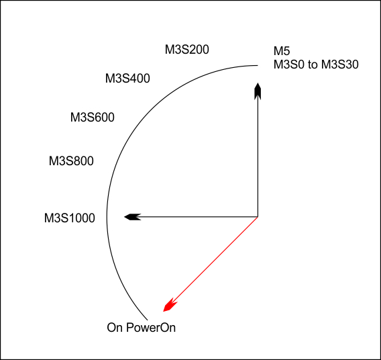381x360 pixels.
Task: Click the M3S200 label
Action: tap(187, 50)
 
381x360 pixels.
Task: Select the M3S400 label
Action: tap(127, 79)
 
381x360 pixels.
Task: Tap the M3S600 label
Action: tap(93, 118)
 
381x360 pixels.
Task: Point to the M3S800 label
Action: tap(71, 161)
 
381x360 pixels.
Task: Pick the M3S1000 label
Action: tap(70, 218)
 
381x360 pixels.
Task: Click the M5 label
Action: tap(282, 51)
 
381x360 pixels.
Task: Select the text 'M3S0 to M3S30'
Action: tap(316, 64)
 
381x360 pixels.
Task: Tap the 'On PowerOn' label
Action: tap(141, 327)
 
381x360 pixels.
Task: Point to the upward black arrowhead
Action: tap(258, 91)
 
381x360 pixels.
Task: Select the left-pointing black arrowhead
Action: tap(132, 217)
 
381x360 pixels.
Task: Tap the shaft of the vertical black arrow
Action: tap(258, 158)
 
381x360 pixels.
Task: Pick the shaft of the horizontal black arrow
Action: tap(199, 216)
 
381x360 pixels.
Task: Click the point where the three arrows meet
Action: tap(258, 216)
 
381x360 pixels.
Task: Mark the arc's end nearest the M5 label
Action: tap(258, 65)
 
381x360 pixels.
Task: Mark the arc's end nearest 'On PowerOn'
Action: tap(148, 320)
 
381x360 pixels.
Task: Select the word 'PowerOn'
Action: tap(151, 327)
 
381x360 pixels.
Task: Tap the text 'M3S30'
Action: tap(340, 64)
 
